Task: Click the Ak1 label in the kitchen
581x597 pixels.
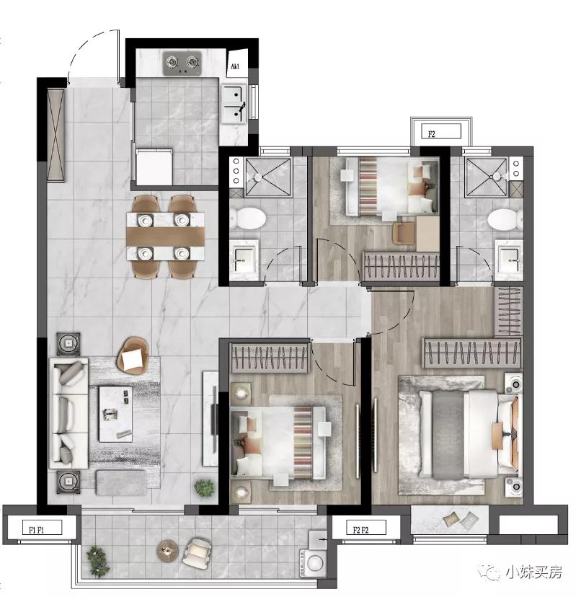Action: pos(235,66)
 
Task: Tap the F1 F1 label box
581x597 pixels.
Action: pos(37,529)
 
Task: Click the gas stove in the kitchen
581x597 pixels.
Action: pos(182,63)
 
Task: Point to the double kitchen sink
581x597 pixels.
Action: pos(234,104)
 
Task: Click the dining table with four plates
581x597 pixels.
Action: pos(166,236)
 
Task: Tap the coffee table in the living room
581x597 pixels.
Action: pos(115,414)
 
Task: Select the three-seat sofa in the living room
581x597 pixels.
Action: pos(68,413)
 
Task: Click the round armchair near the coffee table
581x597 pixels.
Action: pos(133,355)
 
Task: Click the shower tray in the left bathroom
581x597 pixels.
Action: pos(267,177)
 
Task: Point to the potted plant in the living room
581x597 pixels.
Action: pos(204,487)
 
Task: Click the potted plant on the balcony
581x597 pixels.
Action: pos(98,562)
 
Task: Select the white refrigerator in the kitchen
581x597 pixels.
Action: pos(154,167)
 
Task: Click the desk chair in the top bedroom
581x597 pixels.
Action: pos(404,233)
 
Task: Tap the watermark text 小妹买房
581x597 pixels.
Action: pos(533,571)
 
